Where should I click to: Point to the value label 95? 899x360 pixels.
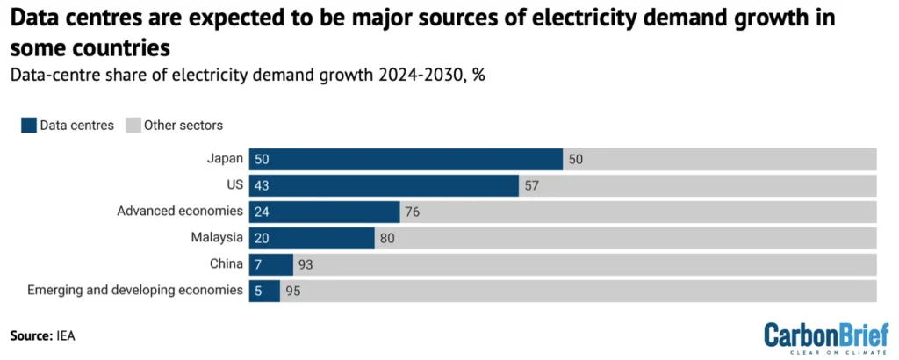pos(293,291)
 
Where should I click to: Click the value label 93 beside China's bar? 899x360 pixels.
pos(306,264)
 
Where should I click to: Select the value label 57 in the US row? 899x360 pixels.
pos(533,185)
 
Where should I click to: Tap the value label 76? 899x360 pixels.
pos(414,212)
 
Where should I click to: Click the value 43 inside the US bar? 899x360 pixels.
pos(263,185)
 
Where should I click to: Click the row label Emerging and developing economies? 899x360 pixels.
pos(134,291)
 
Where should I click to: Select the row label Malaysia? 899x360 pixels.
pos(217,238)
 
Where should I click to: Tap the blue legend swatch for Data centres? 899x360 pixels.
pos(29,125)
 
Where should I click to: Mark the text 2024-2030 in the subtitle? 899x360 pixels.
pos(424,74)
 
